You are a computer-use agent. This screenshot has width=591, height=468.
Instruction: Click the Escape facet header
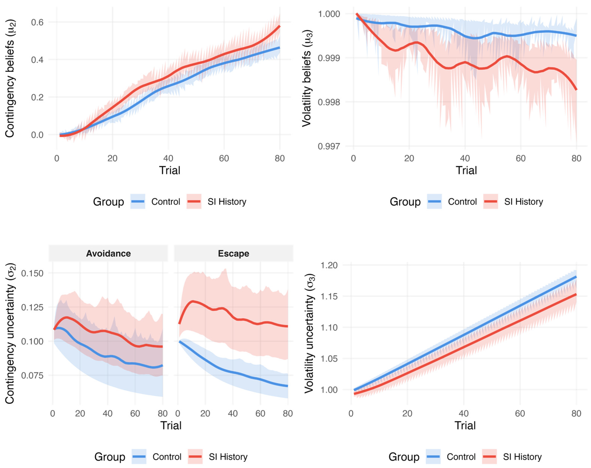(x=234, y=253)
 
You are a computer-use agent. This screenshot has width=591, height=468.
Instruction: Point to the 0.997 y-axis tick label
(x=329, y=146)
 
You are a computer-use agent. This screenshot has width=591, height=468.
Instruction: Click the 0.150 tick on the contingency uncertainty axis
(x=32, y=273)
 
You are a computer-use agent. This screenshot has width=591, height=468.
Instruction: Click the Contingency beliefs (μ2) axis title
(x=10, y=78)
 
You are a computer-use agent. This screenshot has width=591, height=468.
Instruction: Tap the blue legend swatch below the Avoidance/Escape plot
(x=139, y=457)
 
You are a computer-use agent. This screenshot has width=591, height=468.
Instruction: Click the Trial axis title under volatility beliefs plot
(x=466, y=170)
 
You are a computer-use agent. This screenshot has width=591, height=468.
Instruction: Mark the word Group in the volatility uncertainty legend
(x=404, y=457)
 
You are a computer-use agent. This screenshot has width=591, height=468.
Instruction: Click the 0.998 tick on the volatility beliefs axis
(x=329, y=102)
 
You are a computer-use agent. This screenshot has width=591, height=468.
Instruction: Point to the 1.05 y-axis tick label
(x=329, y=359)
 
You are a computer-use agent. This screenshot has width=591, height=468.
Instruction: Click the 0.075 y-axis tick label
(x=32, y=375)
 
